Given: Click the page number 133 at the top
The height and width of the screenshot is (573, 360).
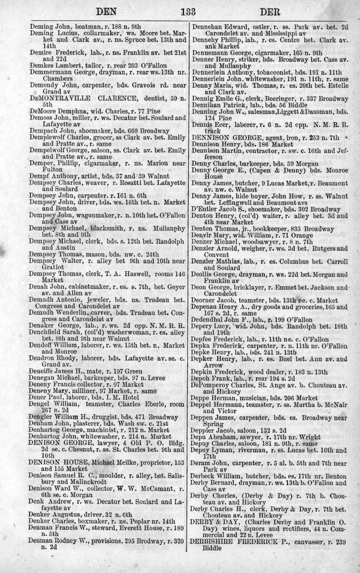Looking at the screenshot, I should click(x=180, y=10).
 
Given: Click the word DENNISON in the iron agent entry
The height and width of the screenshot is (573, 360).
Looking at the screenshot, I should click(x=211, y=138).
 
